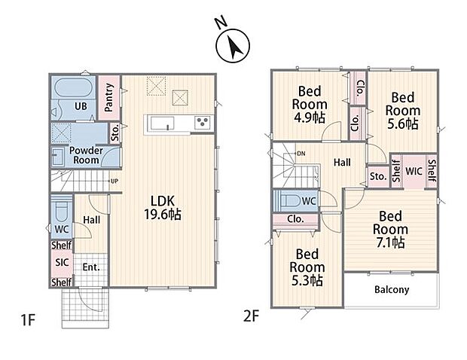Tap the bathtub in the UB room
pyautogui.click(x=73, y=87)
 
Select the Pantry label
pyautogui.click(x=109, y=97)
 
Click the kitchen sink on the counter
pyautogui.click(x=162, y=123)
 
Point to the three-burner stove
pyautogui.click(x=203, y=123)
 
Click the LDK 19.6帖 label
pyautogui.click(x=163, y=208)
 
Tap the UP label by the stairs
pyautogui.click(x=114, y=181)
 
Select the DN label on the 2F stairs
pyautogui.click(x=301, y=154)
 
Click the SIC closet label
pyautogui.click(x=62, y=262)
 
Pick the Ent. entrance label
pyautogui.click(x=91, y=267)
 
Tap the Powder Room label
pyautogui.click(x=86, y=155)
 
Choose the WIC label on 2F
pyautogui.click(x=414, y=171)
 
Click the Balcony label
pyautogui.click(x=392, y=290)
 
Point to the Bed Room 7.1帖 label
pyautogui.click(x=390, y=229)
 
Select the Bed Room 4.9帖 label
pyautogui.click(x=310, y=105)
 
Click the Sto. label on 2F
pyautogui.click(x=378, y=176)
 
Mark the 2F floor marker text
pyautogui.click(x=251, y=316)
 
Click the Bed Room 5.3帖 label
pyautogui.click(x=307, y=267)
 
